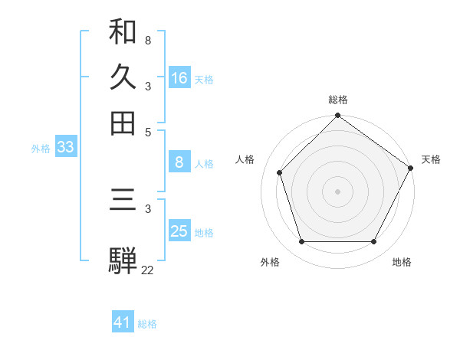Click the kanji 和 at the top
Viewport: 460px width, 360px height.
[123, 31]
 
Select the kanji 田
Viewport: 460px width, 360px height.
[123, 123]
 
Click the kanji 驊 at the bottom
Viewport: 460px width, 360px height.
[123, 260]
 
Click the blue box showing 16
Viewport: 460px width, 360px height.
[179, 78]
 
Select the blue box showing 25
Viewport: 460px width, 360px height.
[179, 231]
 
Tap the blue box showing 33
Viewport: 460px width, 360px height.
[65, 148]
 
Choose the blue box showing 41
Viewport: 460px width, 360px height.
[123, 322]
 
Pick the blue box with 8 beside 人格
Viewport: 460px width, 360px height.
[179, 162]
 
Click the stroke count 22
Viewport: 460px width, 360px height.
[147, 270]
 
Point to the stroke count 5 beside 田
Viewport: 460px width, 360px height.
[148, 131]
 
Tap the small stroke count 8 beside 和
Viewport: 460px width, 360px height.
[148, 39]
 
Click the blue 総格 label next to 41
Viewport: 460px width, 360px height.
[147, 324]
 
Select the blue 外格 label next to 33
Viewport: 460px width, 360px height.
[41, 149]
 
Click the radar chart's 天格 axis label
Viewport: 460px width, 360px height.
[431, 159]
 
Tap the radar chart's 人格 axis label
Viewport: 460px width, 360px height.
[245, 159]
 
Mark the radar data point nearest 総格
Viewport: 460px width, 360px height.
[338, 116]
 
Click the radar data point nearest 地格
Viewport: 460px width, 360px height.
[374, 242]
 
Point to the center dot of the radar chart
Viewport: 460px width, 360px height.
[338, 191]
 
